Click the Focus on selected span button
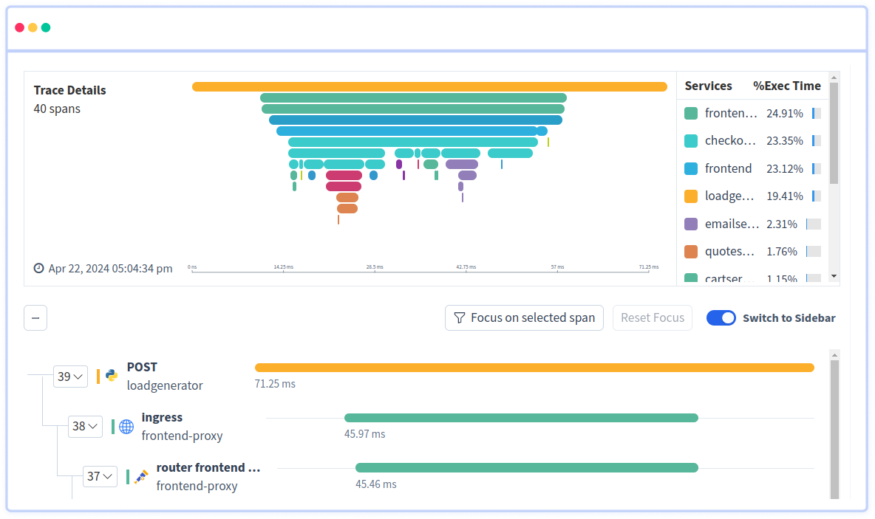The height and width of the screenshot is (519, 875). pos(524,318)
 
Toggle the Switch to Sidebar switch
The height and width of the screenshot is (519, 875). pos(721,318)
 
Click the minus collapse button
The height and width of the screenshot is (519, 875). pos(35,318)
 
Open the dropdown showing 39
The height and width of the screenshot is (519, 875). pos(70,377)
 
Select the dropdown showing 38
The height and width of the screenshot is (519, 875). pos(85,427)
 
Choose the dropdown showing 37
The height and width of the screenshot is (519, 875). pos(100,477)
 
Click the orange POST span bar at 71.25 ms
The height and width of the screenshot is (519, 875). pos(534,368)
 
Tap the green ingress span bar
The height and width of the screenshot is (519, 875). pos(521,418)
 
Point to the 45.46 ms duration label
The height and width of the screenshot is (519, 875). pos(375,484)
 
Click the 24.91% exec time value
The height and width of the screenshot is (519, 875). pos(784,114)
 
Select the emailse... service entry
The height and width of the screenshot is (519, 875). pos(731,224)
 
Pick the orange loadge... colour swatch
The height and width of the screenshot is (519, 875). pos(691,196)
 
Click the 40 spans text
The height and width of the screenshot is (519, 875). pos(57,109)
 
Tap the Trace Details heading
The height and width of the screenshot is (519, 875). pos(69,90)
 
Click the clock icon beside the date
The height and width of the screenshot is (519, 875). pos(39,268)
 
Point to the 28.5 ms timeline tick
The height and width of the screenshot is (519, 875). pos(375,267)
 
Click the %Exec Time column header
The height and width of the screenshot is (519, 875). pos(786,86)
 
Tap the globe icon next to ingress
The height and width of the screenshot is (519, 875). pos(126,427)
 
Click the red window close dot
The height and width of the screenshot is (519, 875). pos(20,27)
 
